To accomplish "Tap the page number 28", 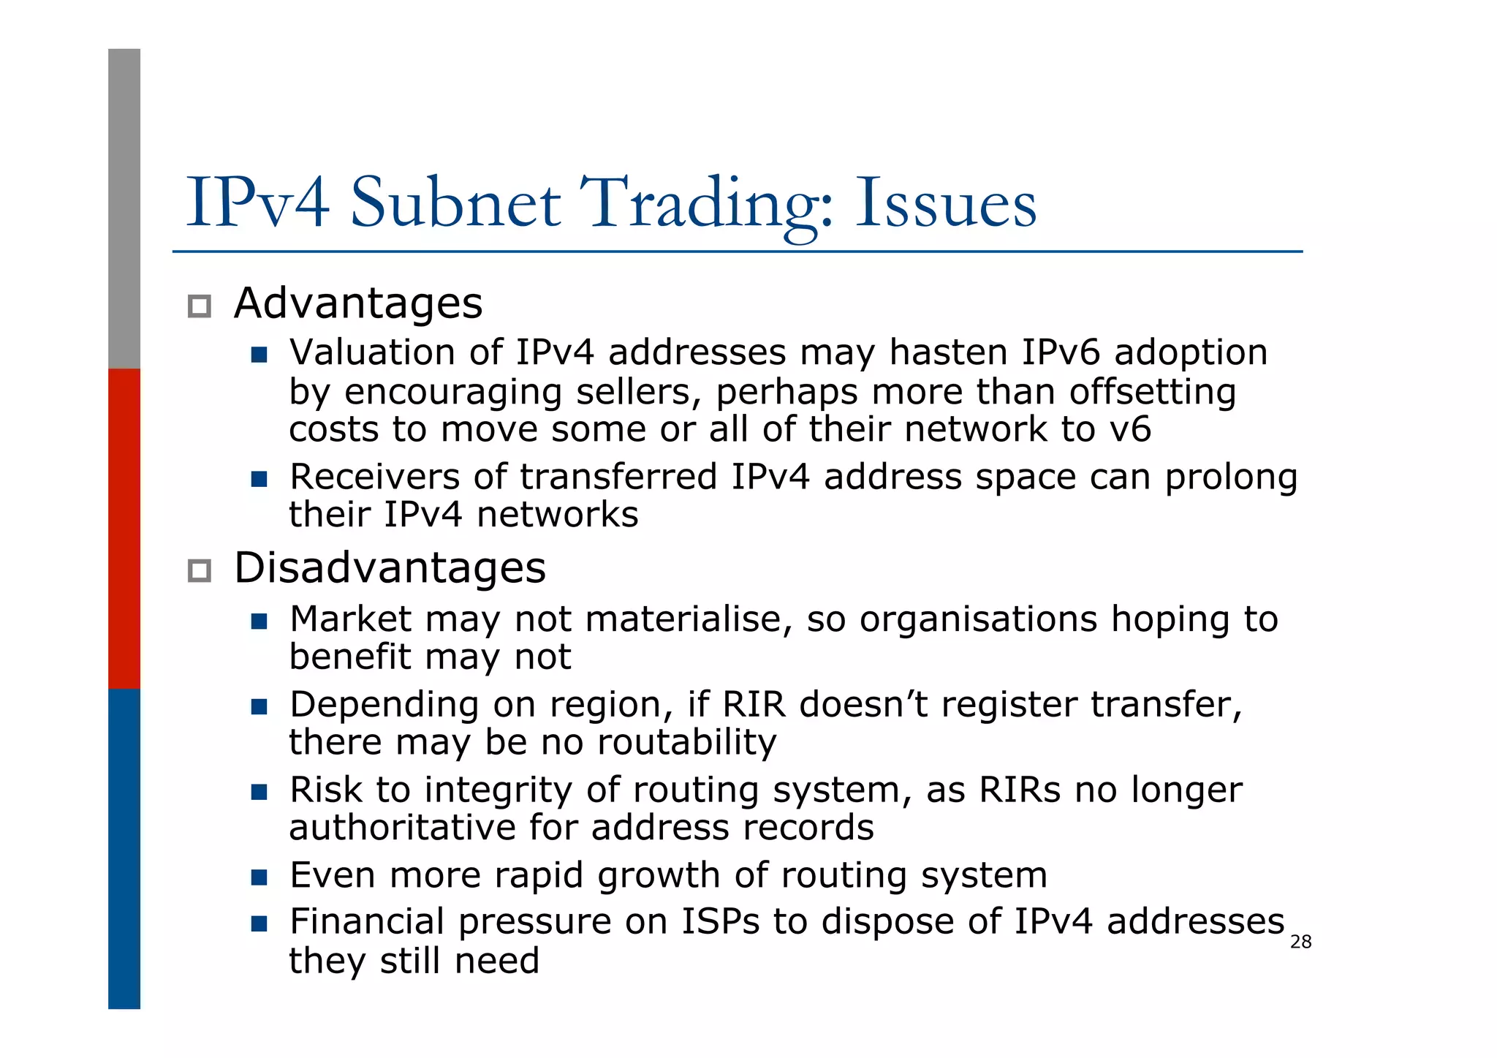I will tap(1300, 942).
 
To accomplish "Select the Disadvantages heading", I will tap(390, 567).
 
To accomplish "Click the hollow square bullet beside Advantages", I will tap(200, 306).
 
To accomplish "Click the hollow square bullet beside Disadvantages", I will tap(200, 570).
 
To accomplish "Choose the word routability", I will tap(686, 742).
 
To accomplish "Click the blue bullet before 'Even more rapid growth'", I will tap(259, 877).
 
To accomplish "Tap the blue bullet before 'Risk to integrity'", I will tap(259, 792).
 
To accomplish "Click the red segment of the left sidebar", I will tap(124, 528).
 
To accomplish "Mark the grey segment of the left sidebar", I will tap(124, 208).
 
